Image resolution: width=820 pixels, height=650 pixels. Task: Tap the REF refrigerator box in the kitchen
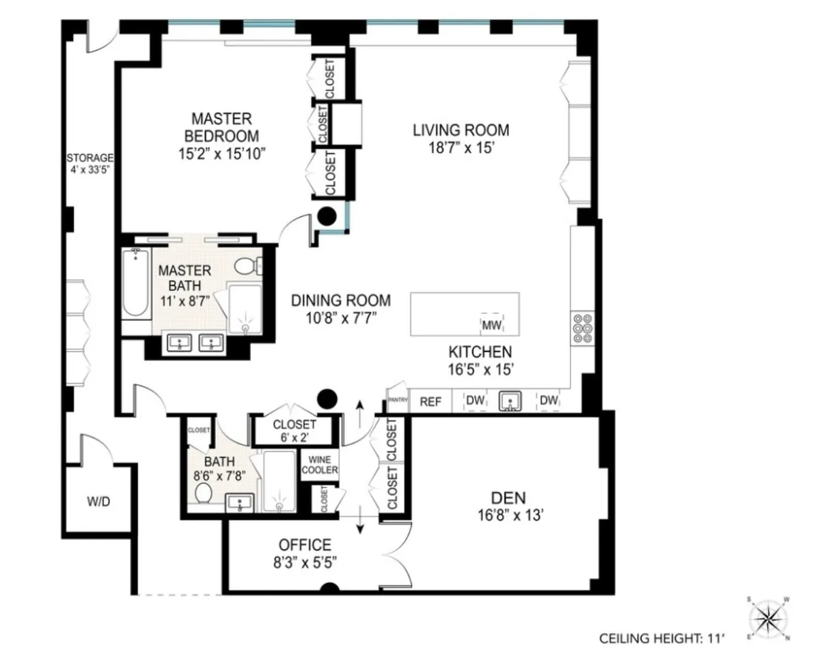click(x=430, y=401)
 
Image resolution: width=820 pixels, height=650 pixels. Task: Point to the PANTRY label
click(x=398, y=401)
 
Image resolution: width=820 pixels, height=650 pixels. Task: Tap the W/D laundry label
click(x=98, y=502)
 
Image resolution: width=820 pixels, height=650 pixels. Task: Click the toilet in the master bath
click(x=247, y=265)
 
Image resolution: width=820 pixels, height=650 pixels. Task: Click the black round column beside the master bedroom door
click(x=329, y=216)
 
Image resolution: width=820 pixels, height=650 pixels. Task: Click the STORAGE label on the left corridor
click(x=90, y=158)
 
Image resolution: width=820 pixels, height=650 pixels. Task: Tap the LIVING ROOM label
click(x=461, y=130)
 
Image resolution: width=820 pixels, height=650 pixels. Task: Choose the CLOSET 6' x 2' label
click(x=294, y=431)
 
